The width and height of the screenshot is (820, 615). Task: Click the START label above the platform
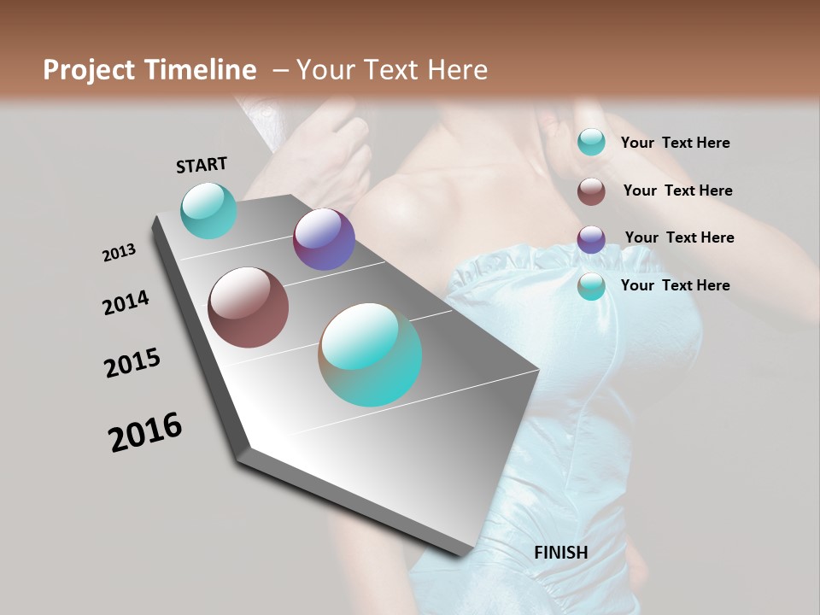tap(202, 164)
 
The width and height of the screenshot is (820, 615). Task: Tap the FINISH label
tap(561, 552)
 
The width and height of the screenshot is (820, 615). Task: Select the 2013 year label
tap(119, 253)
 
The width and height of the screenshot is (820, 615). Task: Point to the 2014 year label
tap(126, 303)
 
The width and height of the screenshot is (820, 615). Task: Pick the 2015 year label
tap(132, 363)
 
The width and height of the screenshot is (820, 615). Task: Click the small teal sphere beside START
tap(208, 210)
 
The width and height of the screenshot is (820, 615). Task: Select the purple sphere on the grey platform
tap(324, 239)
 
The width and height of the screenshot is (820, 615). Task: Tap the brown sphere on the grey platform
tap(248, 307)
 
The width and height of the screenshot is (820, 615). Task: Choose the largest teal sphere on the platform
tap(370, 354)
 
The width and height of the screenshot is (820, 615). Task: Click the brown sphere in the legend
tap(591, 191)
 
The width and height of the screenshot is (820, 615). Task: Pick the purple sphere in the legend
tap(591, 239)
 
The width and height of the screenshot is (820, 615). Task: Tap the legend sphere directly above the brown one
tap(591, 142)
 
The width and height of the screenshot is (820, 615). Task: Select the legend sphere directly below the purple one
tap(591, 287)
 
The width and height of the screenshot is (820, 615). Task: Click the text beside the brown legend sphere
tap(677, 190)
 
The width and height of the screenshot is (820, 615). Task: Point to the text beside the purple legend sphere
tap(679, 237)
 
